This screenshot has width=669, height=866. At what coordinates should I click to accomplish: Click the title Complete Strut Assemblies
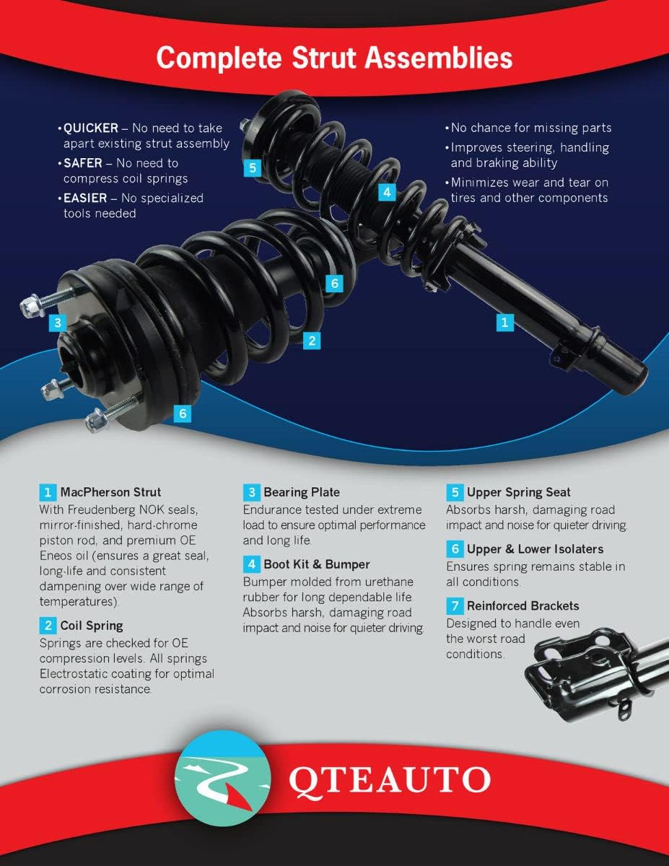334,57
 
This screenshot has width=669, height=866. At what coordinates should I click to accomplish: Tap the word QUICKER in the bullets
91,128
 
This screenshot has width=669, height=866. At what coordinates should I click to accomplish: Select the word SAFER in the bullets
84,163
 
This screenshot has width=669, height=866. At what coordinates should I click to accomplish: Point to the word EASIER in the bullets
87,198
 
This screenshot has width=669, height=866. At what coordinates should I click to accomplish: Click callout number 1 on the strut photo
505,322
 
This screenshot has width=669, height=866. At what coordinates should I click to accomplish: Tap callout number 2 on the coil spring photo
312,340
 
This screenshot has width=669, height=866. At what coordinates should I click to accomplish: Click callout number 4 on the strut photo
388,192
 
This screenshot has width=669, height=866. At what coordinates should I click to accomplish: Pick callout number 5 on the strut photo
251,168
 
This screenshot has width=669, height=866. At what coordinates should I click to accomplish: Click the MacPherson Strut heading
110,493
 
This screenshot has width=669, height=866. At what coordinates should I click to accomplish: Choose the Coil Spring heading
92,626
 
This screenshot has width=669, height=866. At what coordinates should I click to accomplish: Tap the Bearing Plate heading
301,493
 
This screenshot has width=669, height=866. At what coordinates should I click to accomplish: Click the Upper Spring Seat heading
518,493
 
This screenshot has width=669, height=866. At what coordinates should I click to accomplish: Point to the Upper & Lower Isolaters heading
535,549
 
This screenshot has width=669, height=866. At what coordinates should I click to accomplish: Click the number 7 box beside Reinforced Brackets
453,606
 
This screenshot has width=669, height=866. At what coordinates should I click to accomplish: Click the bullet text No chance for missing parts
530,128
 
